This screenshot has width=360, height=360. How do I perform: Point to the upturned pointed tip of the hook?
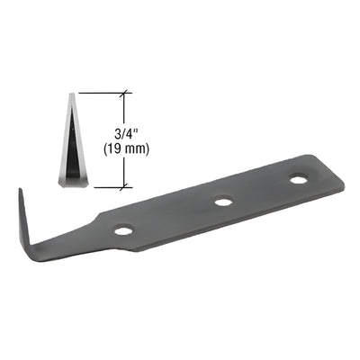(x=19, y=191)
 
